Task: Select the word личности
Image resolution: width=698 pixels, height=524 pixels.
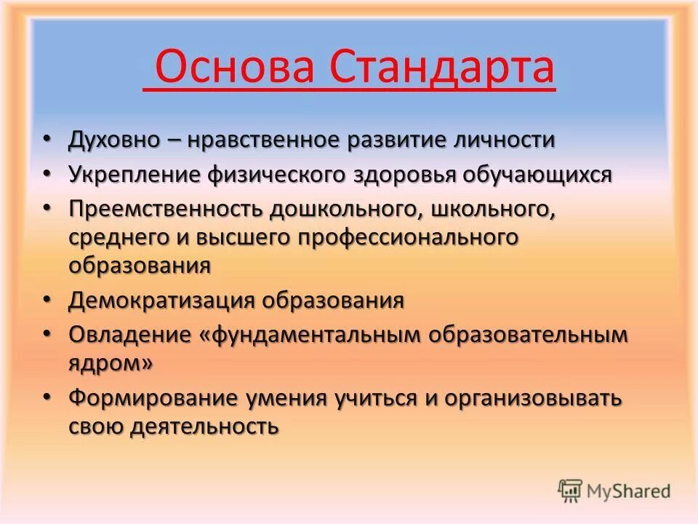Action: click(502, 140)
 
